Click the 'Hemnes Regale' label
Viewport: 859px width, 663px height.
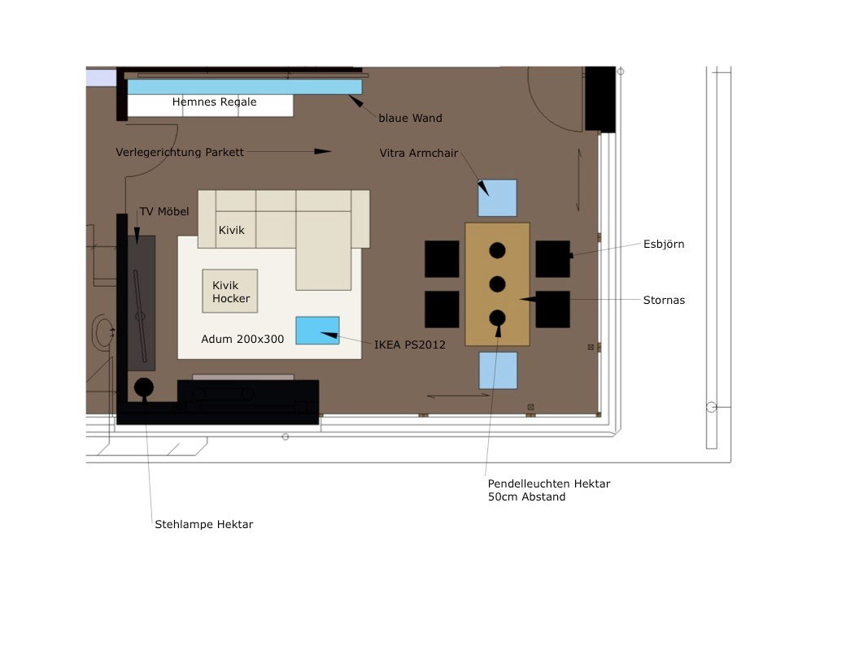pos(214,102)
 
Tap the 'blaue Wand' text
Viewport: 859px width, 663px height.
pos(410,119)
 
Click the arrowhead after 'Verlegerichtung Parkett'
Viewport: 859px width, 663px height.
pos(322,151)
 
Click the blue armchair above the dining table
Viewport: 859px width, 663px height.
pos(497,197)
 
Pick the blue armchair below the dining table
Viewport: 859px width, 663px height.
pos(498,370)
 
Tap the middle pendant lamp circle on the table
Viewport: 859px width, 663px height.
pos(498,284)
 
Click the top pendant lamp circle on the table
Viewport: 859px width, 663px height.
pos(498,251)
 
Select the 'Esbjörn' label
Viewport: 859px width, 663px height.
pos(663,244)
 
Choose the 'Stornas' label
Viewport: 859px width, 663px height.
pos(663,300)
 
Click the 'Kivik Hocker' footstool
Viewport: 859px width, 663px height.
pos(230,291)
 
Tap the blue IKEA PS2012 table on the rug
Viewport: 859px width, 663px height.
pos(317,330)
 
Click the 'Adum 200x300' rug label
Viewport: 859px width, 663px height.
pos(242,339)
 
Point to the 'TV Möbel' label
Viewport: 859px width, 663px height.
pos(164,212)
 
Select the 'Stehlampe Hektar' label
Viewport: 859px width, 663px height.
pos(203,525)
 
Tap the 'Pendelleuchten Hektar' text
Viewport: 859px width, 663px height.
pos(548,483)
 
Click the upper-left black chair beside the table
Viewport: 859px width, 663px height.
pos(442,258)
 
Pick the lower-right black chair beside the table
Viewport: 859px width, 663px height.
pos(552,309)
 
